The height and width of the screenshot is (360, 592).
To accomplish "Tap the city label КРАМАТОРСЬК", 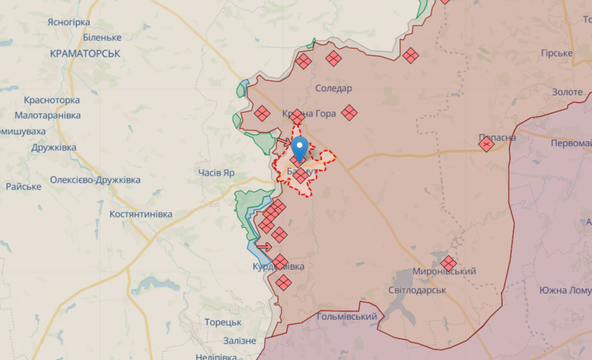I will click(x=85, y=53).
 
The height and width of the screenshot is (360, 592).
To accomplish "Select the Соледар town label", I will click(x=334, y=88).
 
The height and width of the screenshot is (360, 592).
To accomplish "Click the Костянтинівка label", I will click(x=141, y=214).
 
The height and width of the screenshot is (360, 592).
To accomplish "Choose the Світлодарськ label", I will click(x=417, y=290).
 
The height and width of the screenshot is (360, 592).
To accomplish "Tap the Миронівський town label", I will click(x=444, y=271).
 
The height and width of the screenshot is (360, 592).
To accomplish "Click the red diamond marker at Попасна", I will click(x=486, y=144).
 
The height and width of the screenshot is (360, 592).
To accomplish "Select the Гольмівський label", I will click(x=347, y=317).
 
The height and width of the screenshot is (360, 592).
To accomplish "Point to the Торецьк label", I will click(x=223, y=322).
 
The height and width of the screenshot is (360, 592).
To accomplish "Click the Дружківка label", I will click(x=54, y=147).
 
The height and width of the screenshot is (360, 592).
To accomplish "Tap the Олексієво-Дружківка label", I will click(x=95, y=180).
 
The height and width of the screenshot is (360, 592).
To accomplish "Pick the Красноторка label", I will click(x=51, y=100).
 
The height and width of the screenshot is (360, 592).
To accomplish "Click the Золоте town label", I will click(x=567, y=92).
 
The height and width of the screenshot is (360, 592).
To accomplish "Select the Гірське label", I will click(x=556, y=53).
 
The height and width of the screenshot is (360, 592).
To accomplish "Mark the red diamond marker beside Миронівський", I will click(x=449, y=263).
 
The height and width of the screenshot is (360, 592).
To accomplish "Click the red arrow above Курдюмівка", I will click(x=264, y=247).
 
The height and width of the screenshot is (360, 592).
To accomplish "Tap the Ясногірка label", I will click(x=69, y=22).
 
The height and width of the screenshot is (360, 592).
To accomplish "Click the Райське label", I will click(x=23, y=186).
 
